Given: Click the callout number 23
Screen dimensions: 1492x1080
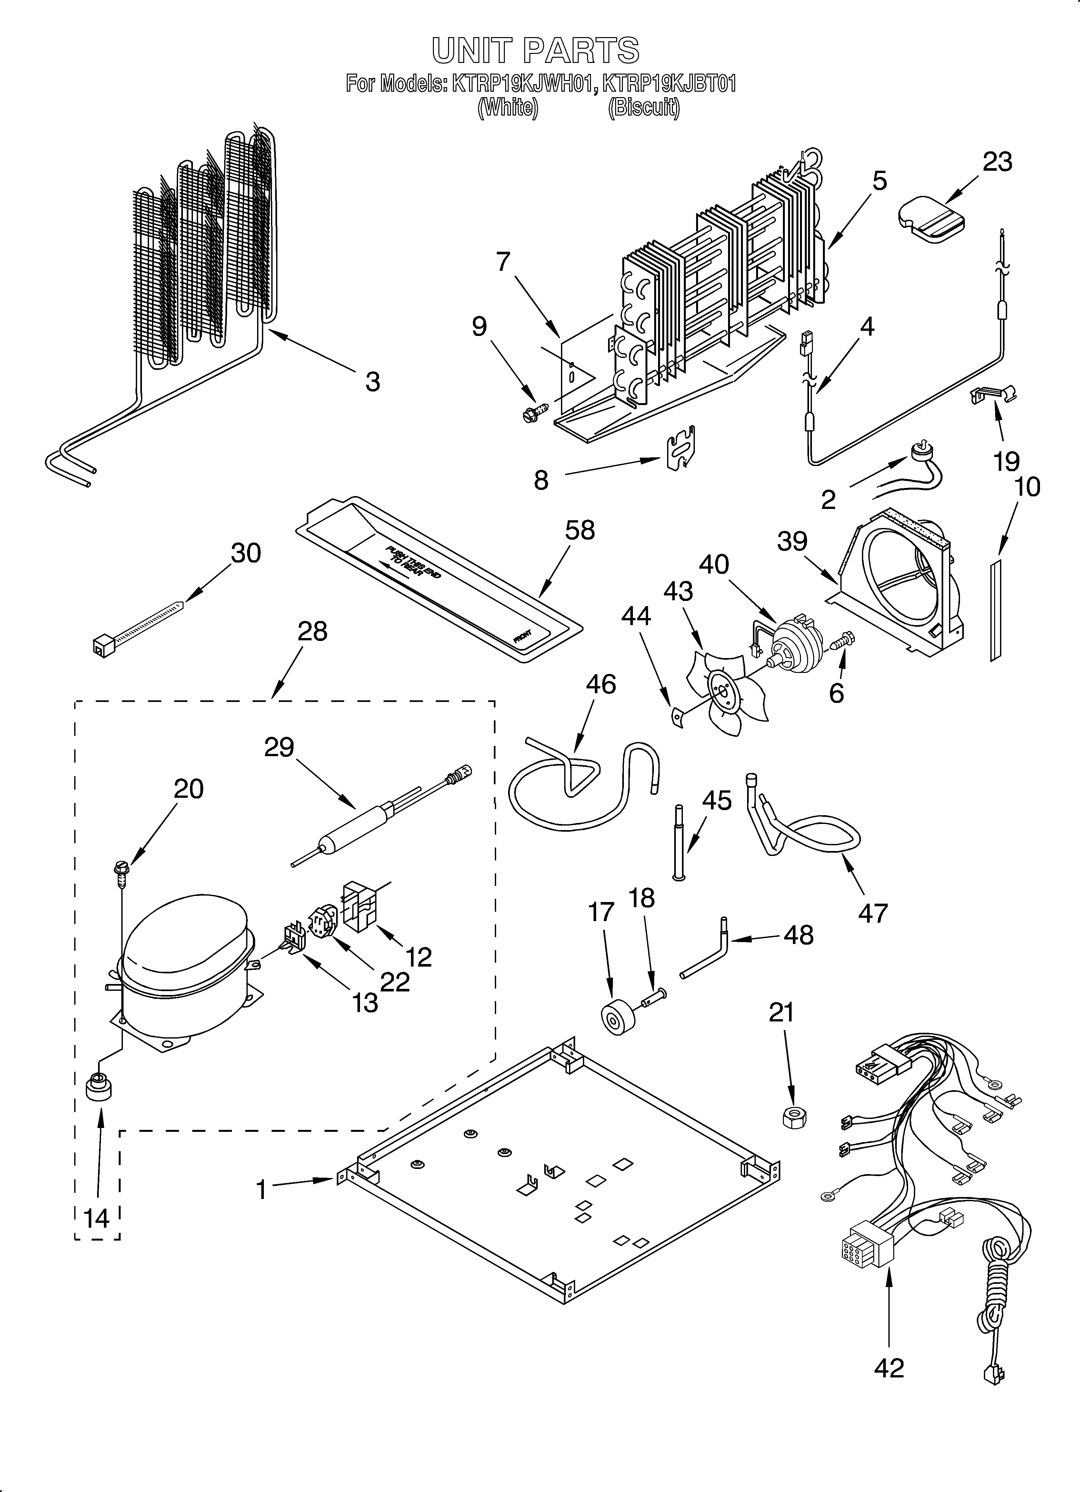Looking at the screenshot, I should (x=997, y=162).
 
